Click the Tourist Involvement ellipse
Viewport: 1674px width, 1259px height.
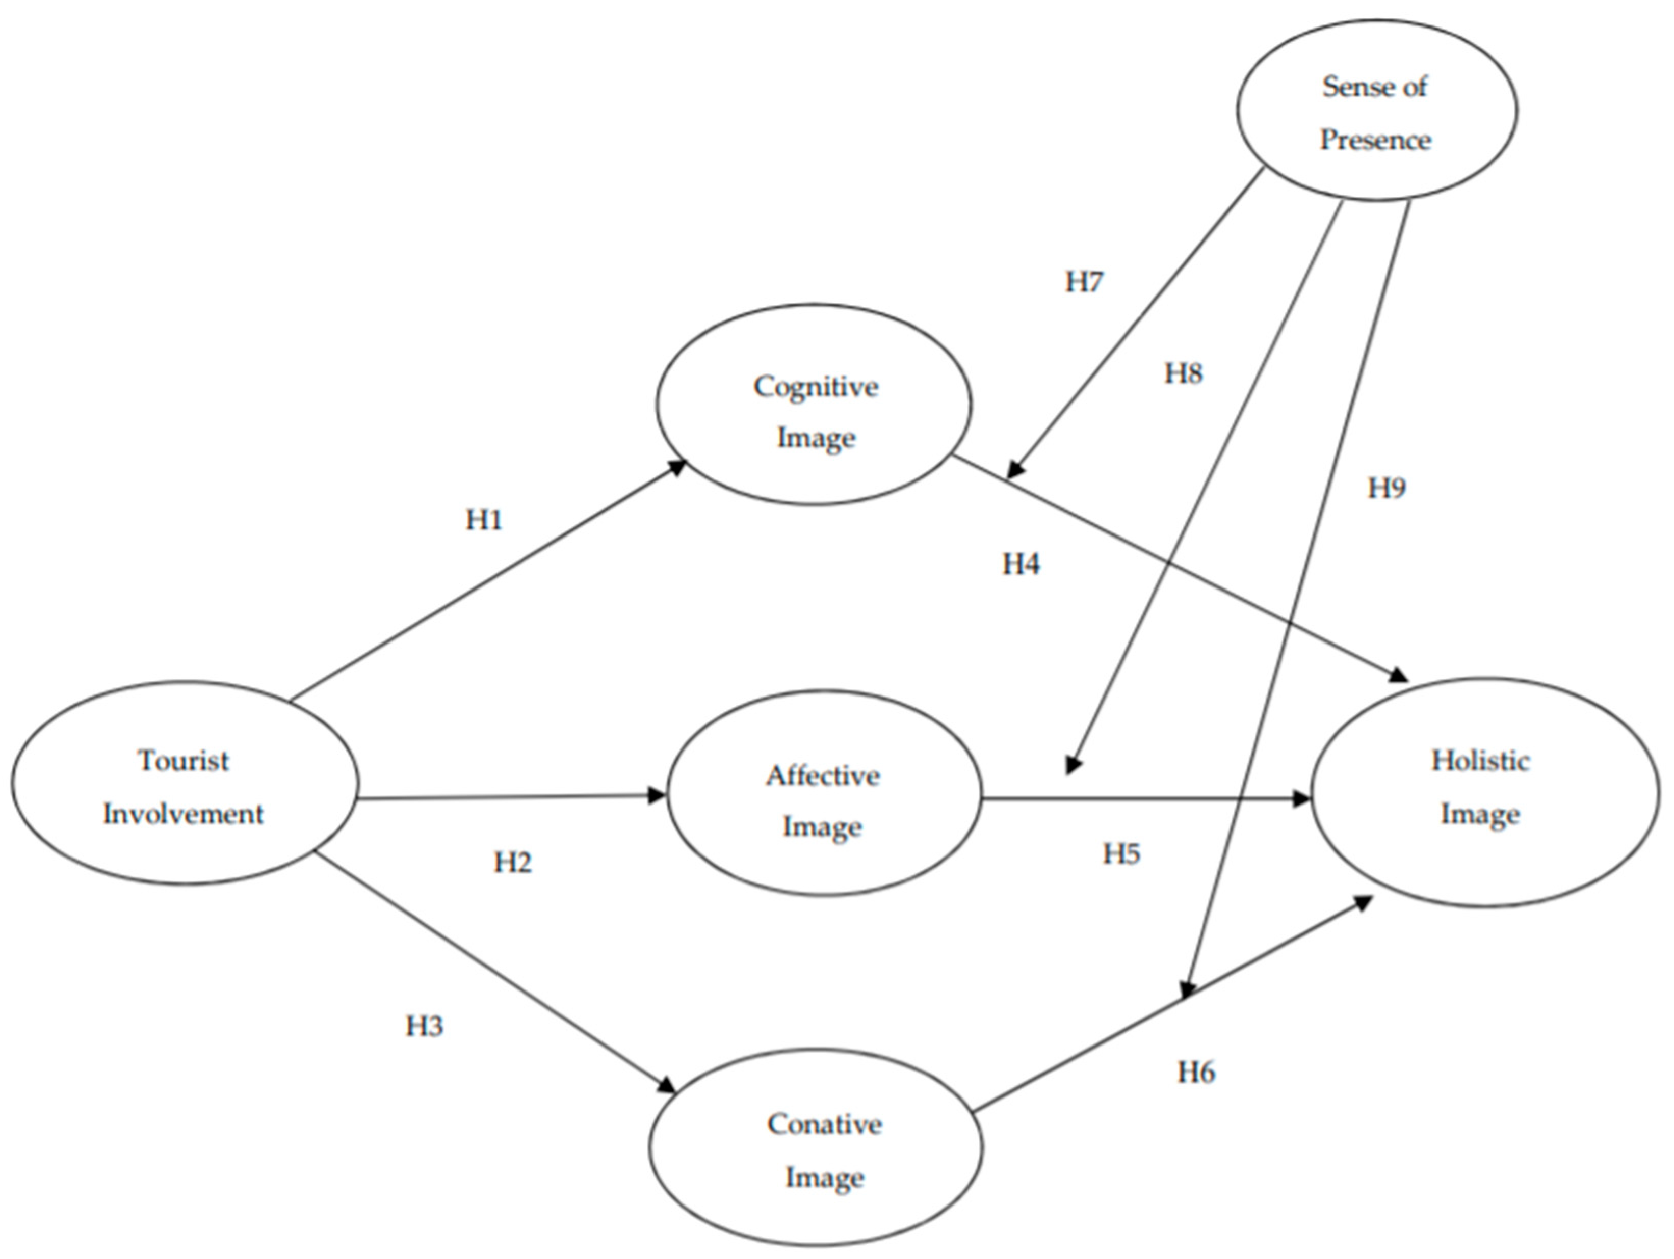pyautogui.click(x=184, y=783)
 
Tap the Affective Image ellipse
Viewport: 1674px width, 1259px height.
pyautogui.click(x=823, y=793)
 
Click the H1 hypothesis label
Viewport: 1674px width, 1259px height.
pyautogui.click(x=484, y=520)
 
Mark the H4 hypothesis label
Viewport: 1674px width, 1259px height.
pyautogui.click(x=1021, y=564)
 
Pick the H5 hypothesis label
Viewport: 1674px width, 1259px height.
pyautogui.click(x=1121, y=853)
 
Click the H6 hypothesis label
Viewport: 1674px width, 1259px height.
pyautogui.click(x=1196, y=1072)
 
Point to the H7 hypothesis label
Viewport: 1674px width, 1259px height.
pyautogui.click(x=1084, y=281)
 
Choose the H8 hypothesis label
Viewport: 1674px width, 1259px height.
pyautogui.click(x=1183, y=373)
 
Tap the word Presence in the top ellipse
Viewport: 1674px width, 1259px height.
pyautogui.click(x=1375, y=140)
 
